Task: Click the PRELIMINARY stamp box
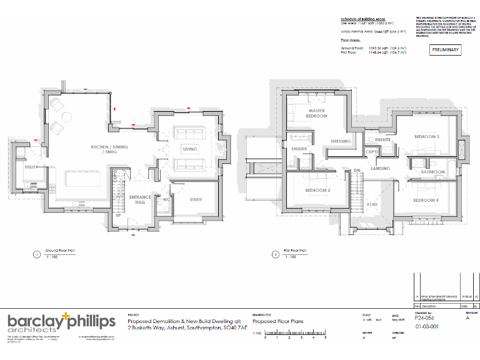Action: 445,50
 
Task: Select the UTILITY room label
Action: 31,167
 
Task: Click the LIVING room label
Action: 189,149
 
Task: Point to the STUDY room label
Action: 196,199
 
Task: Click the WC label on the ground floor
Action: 167,201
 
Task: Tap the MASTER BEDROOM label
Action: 316,114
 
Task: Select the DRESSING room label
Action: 341,141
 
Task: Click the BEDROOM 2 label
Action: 317,190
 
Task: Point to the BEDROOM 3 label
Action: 427,137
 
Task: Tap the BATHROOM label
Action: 432,171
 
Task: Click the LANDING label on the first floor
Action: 380,168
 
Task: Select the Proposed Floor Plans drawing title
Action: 277,321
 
